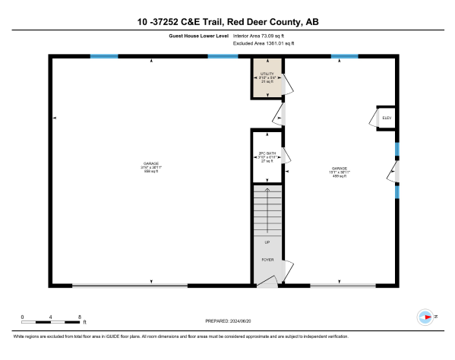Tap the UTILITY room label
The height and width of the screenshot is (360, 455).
click(x=267, y=77)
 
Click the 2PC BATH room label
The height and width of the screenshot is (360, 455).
click(x=267, y=157)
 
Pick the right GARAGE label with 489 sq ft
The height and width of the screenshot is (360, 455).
click(x=340, y=172)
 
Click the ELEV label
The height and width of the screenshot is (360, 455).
click(x=386, y=118)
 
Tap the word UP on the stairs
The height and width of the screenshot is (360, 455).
click(x=267, y=242)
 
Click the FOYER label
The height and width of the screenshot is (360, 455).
click(x=267, y=260)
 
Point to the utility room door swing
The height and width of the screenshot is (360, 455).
click(x=286, y=85)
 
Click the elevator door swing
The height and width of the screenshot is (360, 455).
click(x=374, y=118)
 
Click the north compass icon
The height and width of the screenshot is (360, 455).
click(x=426, y=317)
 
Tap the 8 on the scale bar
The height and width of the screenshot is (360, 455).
click(x=80, y=316)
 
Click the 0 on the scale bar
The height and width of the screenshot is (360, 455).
click(x=23, y=316)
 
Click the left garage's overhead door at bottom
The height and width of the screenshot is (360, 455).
click(x=129, y=286)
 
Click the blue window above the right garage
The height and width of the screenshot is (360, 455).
click(x=344, y=56)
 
